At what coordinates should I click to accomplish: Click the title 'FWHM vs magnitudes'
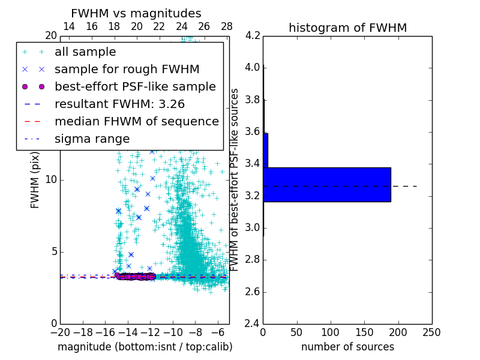pos(136,13)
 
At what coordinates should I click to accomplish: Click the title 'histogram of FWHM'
pos(347,28)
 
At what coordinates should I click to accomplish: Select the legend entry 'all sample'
pos(85,52)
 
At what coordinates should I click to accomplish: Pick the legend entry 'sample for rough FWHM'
pos(127,70)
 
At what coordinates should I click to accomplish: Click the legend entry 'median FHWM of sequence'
pos(136,122)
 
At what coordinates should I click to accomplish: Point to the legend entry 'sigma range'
pos(92,139)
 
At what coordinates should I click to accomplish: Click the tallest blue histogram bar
pos(327,184)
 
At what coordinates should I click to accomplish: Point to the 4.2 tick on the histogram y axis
pos(253,35)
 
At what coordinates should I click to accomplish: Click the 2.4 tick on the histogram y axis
pos(253,324)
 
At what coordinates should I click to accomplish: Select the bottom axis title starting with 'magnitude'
pos(145,347)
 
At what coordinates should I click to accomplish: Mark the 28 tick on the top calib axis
pos(227,26)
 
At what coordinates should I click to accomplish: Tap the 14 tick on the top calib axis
pos(69,26)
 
